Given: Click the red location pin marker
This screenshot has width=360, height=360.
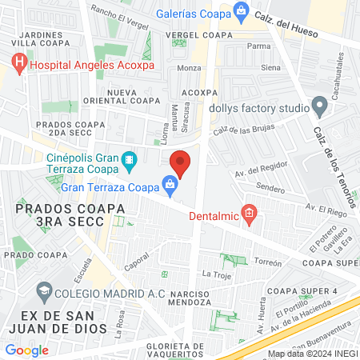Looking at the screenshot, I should pos(181,163).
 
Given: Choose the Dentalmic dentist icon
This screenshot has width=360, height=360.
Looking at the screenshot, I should pos(250,214).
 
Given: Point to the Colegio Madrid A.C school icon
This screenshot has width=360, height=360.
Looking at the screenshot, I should pos(44,292).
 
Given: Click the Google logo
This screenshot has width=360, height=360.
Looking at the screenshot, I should pos(26,350).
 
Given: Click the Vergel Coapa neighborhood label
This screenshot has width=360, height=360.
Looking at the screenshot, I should pos(198,35).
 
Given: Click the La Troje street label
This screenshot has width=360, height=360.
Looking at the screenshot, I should pos(216,274).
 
